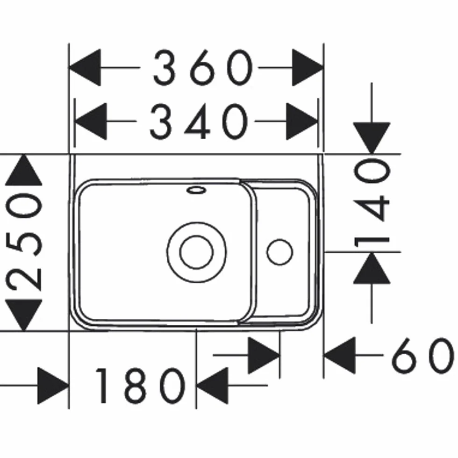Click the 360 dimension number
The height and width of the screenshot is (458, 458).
tap(203, 68)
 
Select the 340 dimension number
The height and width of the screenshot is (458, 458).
tap(199, 121)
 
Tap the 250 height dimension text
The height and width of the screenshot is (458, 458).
tap(24, 242)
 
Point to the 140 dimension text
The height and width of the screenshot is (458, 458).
tap(372, 203)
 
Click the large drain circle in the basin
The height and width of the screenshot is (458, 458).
tap(197, 252)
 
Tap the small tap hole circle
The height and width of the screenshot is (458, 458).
tap(280, 252)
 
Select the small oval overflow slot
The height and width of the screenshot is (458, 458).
tap(197, 191)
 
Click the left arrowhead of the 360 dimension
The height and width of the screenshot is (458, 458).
tap(85, 68)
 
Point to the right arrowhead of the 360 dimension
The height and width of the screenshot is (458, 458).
tap(308, 68)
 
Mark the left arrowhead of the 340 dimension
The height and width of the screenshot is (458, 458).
tap(91, 121)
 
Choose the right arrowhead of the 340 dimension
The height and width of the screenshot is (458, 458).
tap(302, 121)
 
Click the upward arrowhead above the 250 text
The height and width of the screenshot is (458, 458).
tap(24, 170)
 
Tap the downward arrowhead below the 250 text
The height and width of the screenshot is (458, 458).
tap(24, 315)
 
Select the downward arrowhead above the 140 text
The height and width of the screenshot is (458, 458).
tap(372, 138)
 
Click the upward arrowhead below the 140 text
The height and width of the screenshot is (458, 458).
tap(372, 268)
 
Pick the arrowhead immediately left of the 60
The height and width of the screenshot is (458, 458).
tap(340, 355)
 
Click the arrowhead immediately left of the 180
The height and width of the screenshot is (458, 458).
tap(53, 386)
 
